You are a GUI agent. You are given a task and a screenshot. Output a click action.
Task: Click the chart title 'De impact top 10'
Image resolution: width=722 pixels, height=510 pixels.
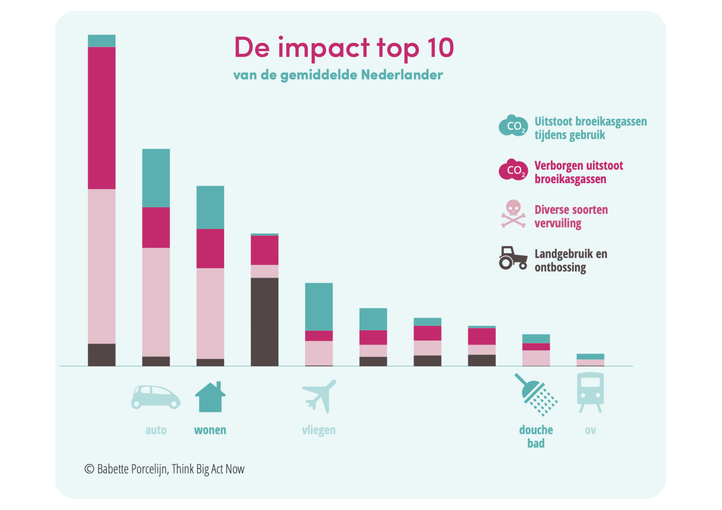tap(344, 48)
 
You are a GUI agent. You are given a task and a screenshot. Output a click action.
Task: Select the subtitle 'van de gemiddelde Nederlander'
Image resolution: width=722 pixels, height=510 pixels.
tap(338, 75)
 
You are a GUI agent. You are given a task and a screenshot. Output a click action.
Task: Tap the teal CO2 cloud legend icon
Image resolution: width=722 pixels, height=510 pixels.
tap(513, 126)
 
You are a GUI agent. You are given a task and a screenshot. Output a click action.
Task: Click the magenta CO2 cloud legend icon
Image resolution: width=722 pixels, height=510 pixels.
tap(513, 170)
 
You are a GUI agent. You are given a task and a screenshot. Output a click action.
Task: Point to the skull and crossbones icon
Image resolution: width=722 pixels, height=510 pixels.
tap(513, 214)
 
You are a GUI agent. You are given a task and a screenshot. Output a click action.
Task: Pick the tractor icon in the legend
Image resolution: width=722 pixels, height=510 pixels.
tap(513, 258)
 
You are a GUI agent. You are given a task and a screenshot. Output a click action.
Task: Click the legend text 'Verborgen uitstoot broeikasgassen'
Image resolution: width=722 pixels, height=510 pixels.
tap(579, 172)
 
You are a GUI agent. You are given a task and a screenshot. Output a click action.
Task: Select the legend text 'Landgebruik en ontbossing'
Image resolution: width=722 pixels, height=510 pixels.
tap(571, 260)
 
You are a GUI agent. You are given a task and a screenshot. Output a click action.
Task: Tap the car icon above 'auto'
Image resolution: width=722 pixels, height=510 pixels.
tap(156, 397)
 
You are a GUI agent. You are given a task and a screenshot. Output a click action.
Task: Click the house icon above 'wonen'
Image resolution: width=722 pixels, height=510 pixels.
tap(210, 397)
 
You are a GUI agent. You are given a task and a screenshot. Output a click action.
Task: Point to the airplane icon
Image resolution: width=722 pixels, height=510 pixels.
tap(319, 396)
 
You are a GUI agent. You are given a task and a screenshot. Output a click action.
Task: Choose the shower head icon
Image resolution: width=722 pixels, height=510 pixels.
tap(536, 395)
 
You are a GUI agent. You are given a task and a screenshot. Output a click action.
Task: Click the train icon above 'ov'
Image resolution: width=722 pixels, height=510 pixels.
tap(590, 392)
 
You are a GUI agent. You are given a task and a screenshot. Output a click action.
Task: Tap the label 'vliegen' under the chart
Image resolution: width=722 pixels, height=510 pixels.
tap(319, 430)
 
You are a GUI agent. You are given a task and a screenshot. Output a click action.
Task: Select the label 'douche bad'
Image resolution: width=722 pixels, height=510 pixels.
tap(536, 436)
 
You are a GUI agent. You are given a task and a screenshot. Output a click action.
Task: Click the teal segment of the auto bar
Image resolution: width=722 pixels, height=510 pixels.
tap(156, 178)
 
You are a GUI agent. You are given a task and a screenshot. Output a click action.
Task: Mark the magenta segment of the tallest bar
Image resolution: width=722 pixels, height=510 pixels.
tap(102, 118)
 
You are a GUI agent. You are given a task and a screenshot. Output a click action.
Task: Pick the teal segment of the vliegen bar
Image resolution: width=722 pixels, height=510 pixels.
tap(319, 307)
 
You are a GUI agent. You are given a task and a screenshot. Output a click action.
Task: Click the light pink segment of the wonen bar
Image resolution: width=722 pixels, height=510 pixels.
tap(210, 313)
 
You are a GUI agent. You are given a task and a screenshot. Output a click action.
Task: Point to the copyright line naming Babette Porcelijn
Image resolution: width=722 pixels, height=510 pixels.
tap(165, 469)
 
